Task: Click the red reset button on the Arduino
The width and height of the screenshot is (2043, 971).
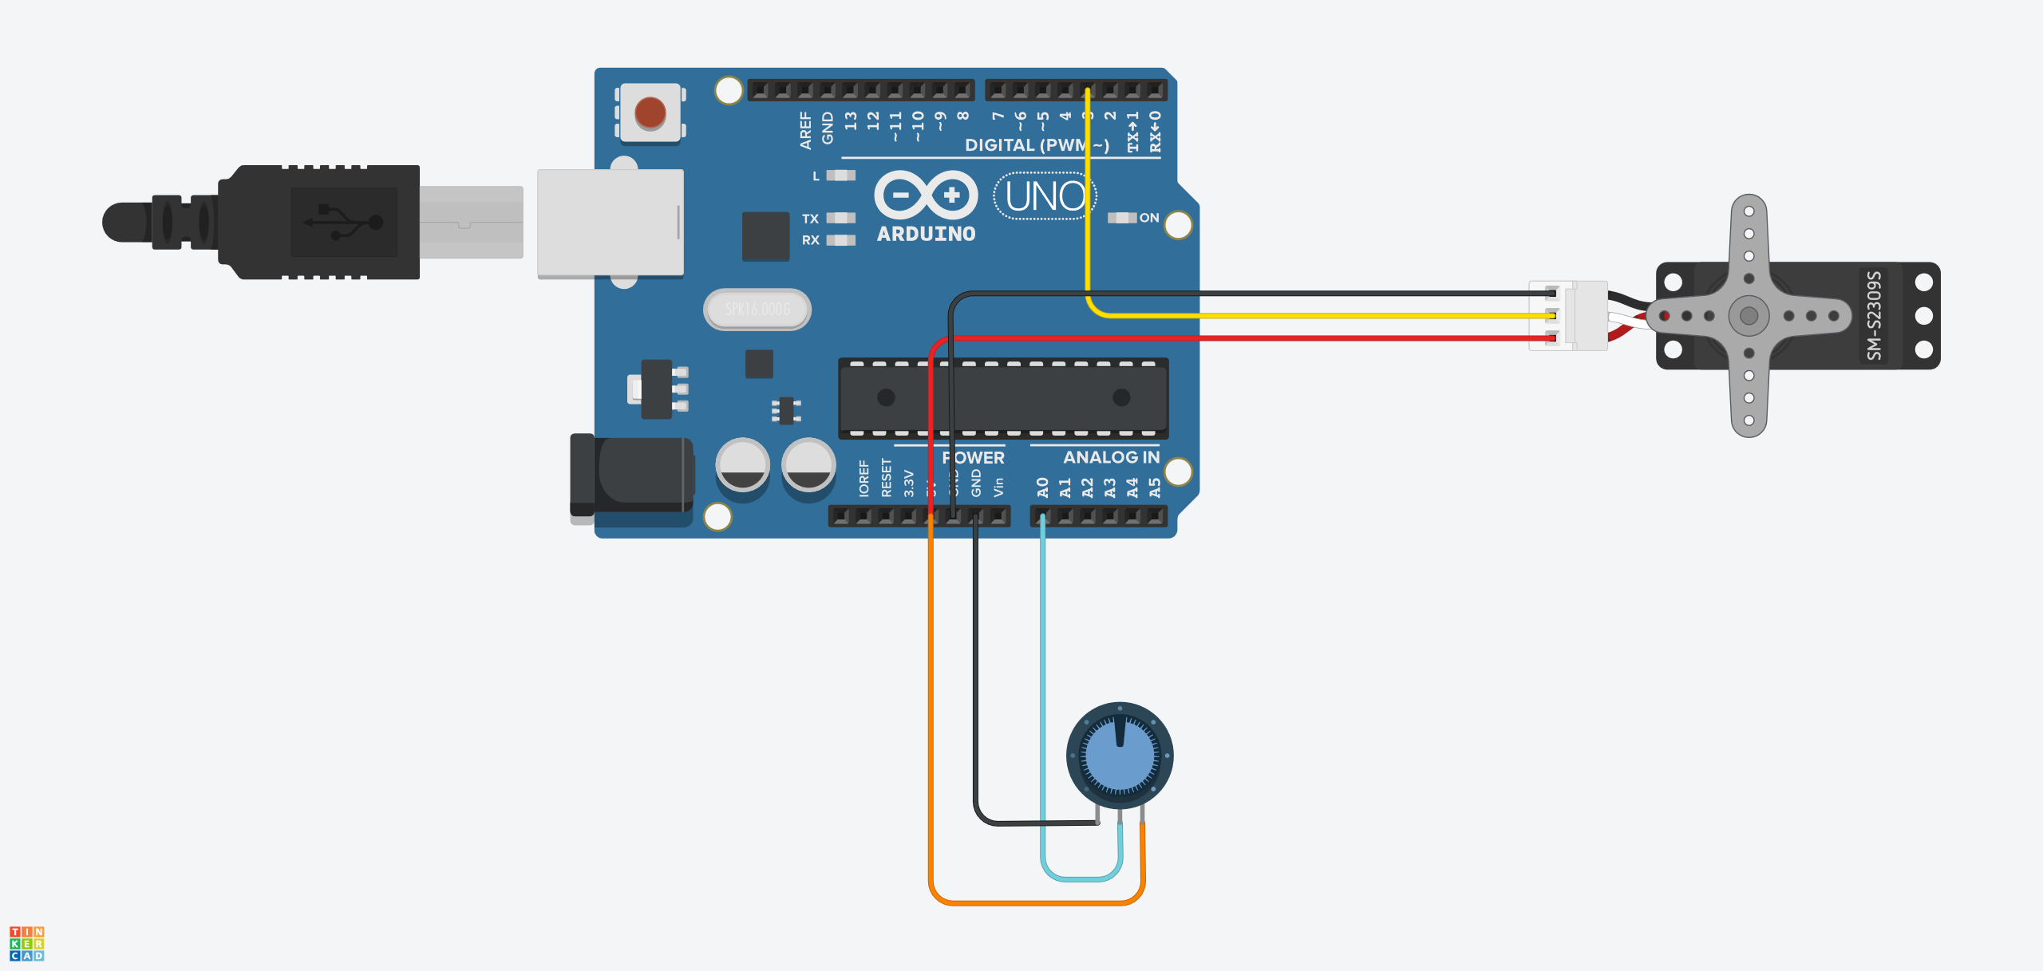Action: [x=650, y=112]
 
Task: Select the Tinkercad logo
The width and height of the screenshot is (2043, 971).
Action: [x=26, y=943]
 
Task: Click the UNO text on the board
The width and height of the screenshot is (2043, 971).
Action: [x=1045, y=196]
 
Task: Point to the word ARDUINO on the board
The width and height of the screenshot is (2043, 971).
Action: [x=926, y=234]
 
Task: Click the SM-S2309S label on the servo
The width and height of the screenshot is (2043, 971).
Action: [x=1874, y=315]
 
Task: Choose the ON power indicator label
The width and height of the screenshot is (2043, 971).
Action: [x=1148, y=218]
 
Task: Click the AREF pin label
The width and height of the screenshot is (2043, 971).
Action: [x=805, y=130]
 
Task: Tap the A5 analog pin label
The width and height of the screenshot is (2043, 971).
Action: [x=1154, y=487]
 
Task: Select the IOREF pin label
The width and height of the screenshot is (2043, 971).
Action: [x=863, y=478]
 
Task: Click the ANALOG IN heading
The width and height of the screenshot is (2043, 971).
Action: [x=1111, y=457]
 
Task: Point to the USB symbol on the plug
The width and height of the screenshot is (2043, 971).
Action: [x=343, y=222]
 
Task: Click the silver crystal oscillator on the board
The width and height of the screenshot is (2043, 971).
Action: [x=757, y=309]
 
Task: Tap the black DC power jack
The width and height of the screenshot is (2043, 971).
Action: [x=630, y=477]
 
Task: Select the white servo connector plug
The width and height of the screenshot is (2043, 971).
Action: [x=1568, y=315]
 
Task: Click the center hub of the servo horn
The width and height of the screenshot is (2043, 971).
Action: [x=1749, y=316]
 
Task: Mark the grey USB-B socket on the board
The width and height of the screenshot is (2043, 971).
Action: [x=611, y=223]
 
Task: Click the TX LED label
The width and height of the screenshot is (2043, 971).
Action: [x=810, y=219]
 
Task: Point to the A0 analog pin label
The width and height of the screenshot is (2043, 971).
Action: [x=1042, y=487]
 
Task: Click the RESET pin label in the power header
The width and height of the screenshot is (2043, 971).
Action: [x=886, y=477]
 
